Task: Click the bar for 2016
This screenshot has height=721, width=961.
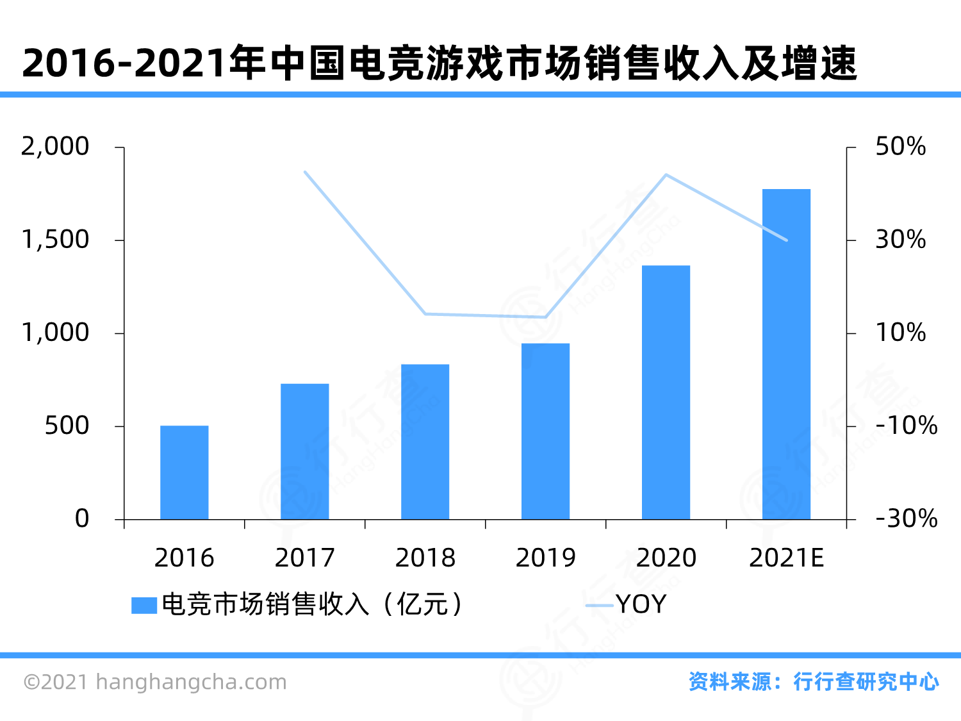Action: pos(185,472)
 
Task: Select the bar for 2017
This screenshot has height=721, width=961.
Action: pos(305,451)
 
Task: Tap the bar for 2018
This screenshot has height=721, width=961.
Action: pos(425,442)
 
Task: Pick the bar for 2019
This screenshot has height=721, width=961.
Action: pos(546,431)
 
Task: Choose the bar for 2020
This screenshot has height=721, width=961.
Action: pos(666,392)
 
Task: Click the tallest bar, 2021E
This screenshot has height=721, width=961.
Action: pos(787,354)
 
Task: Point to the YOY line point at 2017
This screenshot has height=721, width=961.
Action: pos(305,172)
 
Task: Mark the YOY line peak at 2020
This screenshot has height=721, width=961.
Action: pos(666,174)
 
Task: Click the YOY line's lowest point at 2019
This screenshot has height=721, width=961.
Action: pos(546,317)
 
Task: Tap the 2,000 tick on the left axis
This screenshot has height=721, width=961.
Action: pos(55,147)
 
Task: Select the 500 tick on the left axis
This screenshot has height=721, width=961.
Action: pos(67,426)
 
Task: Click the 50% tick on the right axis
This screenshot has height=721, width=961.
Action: pos(900,147)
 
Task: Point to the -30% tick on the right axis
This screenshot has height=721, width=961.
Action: pos(906,518)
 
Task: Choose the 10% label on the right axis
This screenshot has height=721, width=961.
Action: pos(900,333)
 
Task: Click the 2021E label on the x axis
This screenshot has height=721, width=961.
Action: pos(787,558)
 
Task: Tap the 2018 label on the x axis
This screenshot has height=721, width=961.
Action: pos(425,558)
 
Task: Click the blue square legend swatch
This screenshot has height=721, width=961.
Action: pos(144,605)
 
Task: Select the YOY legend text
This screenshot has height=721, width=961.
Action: pos(641,604)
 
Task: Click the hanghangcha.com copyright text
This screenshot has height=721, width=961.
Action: pos(155,682)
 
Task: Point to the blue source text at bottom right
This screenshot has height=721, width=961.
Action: pos(814,681)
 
